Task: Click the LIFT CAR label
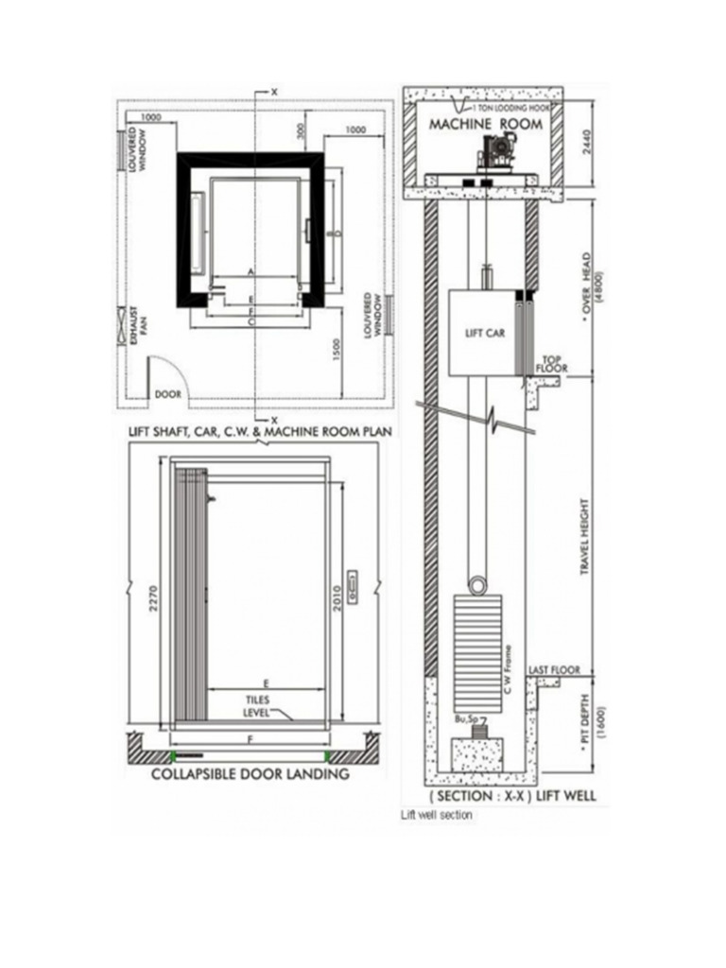tap(481, 333)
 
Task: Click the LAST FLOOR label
tap(554, 669)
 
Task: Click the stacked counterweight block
tap(481, 652)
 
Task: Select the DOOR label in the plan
tap(167, 393)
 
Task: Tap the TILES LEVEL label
tap(257, 706)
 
